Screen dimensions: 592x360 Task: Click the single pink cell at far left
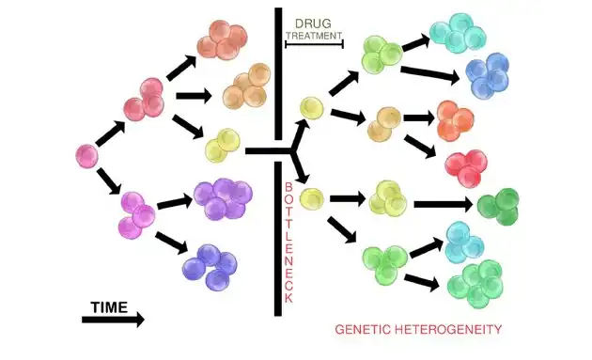[86, 156]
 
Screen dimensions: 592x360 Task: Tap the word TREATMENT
[314, 36]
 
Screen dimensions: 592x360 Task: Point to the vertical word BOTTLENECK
[288, 243]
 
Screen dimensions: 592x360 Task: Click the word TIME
[109, 307]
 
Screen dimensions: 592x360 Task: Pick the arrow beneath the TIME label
[113, 320]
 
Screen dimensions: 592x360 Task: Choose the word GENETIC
[363, 329]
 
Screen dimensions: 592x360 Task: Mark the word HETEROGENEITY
[448, 329]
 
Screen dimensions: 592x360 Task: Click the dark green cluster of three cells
[498, 206]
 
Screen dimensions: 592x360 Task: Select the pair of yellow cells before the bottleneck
[223, 146]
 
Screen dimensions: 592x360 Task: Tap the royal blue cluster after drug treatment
[488, 75]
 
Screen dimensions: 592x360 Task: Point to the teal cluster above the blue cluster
[458, 33]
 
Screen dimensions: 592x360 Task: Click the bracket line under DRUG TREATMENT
[314, 44]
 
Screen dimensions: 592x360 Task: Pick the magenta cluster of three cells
[138, 215]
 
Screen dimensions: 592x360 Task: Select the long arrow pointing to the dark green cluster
[444, 204]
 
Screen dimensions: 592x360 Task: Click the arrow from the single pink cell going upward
[110, 133]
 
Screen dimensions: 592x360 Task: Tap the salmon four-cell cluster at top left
[222, 39]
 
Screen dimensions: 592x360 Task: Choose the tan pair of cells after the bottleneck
[384, 124]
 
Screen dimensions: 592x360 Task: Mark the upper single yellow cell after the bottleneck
[312, 108]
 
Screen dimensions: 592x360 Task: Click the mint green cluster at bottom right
[475, 284]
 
